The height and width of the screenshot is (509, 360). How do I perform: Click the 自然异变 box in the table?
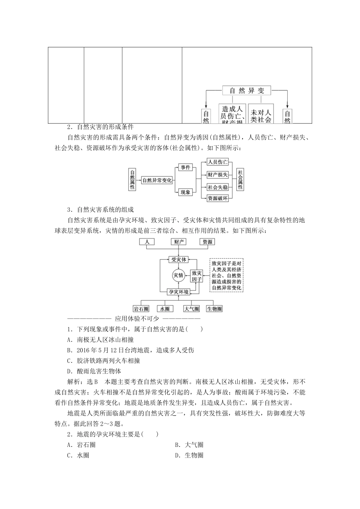pos(246,91)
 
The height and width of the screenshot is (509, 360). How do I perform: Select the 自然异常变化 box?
pos(157,181)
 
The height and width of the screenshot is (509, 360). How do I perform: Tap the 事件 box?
pos(185,167)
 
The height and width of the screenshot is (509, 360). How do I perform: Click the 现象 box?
pos(185,192)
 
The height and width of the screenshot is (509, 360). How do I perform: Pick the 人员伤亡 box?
pos(218,162)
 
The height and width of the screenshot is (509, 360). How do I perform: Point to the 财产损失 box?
pos(218,175)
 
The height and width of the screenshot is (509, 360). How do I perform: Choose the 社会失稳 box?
pos(218,187)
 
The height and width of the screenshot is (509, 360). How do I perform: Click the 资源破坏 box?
pos(218,198)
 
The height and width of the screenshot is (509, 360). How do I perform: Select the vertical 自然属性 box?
pos(132,180)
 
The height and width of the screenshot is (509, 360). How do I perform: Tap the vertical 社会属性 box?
pos(240,180)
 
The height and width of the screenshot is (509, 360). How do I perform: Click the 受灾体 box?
pos(178,260)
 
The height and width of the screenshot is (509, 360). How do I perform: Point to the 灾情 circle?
pos(178,275)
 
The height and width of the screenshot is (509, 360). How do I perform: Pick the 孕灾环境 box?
pos(178,292)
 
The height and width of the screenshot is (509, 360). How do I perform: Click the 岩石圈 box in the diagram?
pos(141,309)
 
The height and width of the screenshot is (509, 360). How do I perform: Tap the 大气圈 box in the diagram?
pos(191,309)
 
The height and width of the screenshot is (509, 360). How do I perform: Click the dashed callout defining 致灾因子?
pos(227,275)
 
